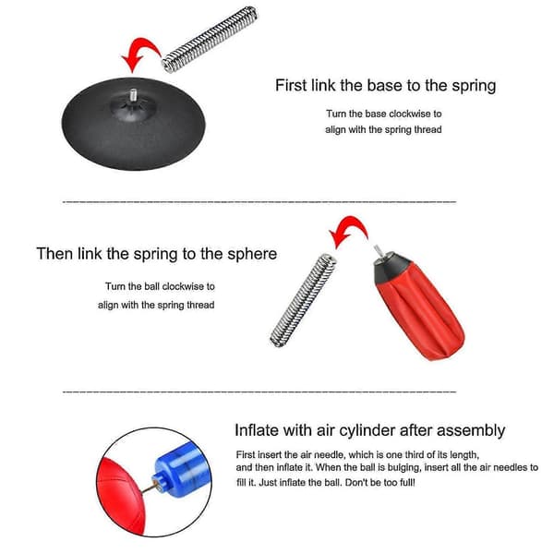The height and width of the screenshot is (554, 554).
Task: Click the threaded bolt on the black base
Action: click(133, 95)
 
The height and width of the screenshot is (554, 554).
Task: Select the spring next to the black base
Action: click(210, 39)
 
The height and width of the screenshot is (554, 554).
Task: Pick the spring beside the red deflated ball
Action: click(303, 300)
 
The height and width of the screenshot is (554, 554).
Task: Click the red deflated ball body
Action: click(420, 311)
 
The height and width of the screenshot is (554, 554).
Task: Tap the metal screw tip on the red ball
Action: click(378, 251)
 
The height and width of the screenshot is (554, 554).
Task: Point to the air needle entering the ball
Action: click(149, 488)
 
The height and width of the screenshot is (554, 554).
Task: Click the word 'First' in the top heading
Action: click(291, 86)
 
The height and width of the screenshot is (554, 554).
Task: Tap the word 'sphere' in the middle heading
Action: click(252, 255)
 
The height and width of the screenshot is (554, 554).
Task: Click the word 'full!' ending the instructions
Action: click(406, 483)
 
